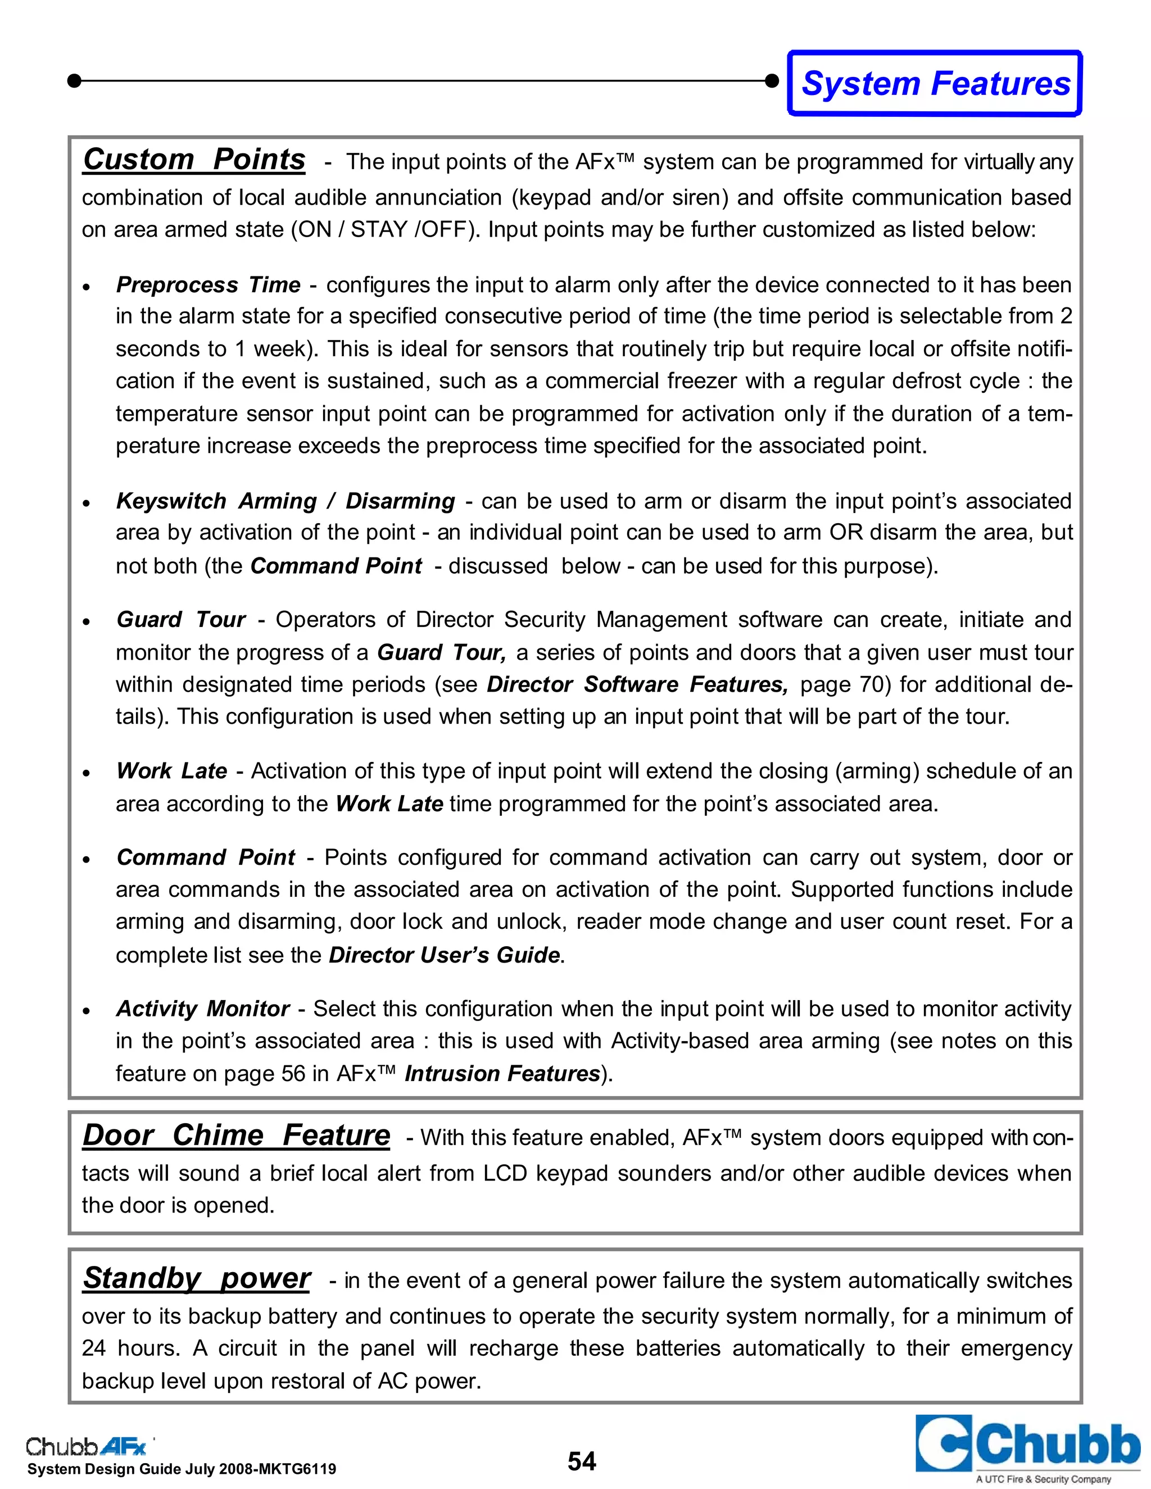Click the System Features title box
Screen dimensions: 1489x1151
(x=935, y=83)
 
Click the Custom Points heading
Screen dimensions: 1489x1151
(x=194, y=160)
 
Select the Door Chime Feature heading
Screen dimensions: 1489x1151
(x=236, y=1135)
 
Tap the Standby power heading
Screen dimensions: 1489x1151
(x=196, y=1278)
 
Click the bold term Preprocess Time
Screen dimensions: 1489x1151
(x=208, y=285)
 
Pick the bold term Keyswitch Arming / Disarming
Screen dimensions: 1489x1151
(x=285, y=501)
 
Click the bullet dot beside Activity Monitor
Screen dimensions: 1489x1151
(x=87, y=1010)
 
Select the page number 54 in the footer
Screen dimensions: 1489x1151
(x=582, y=1461)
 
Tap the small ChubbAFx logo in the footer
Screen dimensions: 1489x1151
(x=87, y=1446)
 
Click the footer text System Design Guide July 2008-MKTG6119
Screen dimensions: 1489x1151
(x=182, y=1469)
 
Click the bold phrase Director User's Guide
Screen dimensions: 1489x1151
(x=445, y=955)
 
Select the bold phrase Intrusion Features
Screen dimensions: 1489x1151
(x=502, y=1074)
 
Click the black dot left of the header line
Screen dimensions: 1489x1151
(x=75, y=81)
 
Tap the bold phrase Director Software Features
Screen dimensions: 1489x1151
(x=637, y=684)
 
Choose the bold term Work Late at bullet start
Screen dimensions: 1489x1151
(x=172, y=771)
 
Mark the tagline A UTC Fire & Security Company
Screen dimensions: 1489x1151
(x=1043, y=1479)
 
